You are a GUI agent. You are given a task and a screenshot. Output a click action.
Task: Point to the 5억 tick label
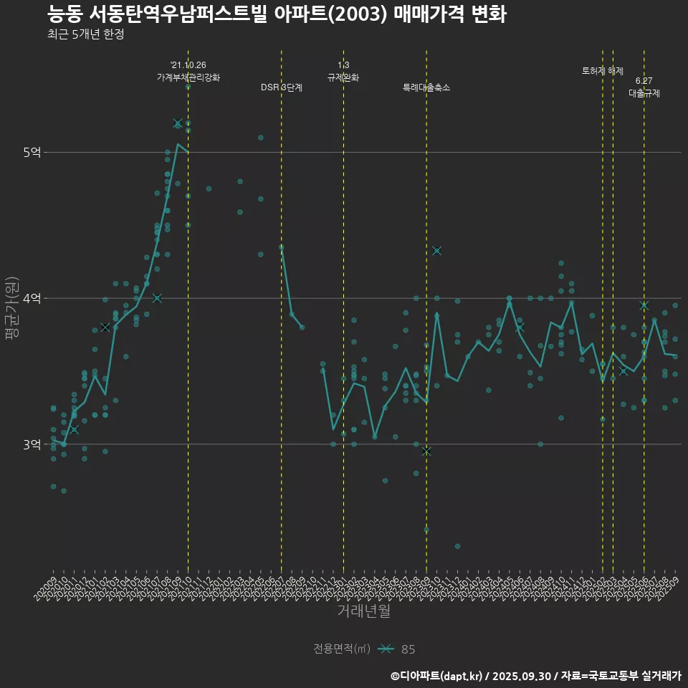coord(32,152)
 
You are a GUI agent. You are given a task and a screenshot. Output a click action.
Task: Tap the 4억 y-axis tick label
coord(32,298)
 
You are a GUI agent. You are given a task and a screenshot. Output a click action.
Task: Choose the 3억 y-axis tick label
coord(32,444)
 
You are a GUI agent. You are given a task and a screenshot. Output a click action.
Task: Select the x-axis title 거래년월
coord(364,611)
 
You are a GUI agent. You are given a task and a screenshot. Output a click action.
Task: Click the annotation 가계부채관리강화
coord(188,77)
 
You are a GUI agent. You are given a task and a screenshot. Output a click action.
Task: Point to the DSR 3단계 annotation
coord(282,87)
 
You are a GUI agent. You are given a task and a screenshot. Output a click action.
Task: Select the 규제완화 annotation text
coord(343,77)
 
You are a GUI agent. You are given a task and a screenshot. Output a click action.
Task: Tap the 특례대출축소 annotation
coord(426,87)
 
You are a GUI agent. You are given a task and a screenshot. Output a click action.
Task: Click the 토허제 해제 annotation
coord(603,71)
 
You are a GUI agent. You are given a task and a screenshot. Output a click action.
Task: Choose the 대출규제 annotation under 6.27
coord(644,93)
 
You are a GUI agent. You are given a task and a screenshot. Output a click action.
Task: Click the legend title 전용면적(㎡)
coord(342,649)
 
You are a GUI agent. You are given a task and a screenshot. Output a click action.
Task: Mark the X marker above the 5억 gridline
coord(178,123)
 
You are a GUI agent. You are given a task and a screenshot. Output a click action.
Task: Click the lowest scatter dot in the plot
coord(457,547)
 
